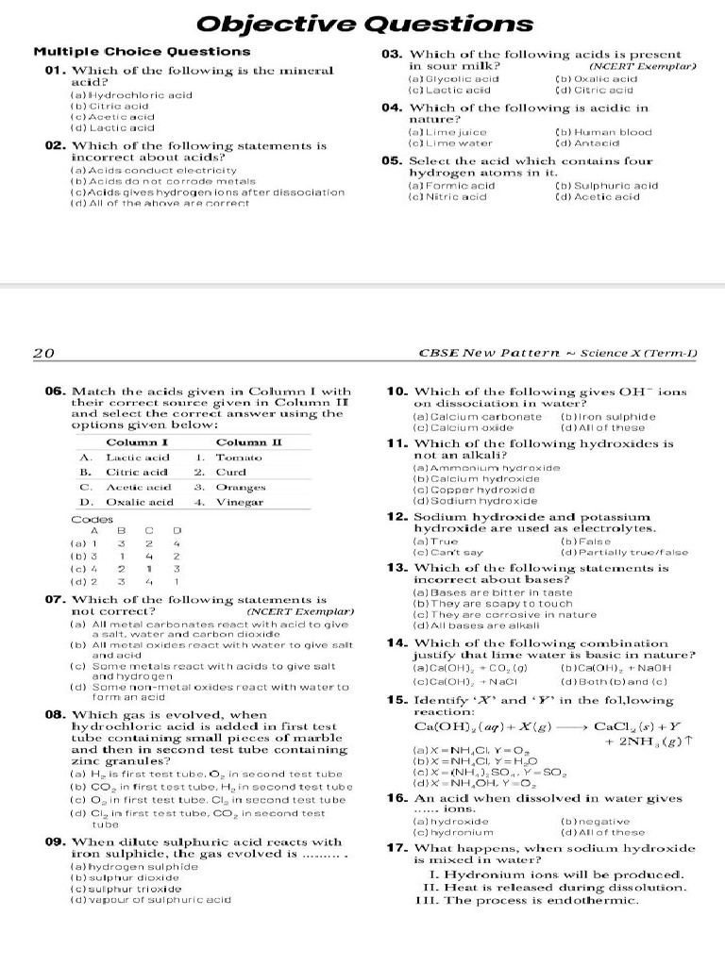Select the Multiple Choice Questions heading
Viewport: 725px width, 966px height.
(x=143, y=52)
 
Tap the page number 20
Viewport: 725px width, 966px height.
(x=43, y=354)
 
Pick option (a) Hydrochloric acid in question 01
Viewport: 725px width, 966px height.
(x=132, y=95)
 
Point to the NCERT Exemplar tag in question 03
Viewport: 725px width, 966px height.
(x=641, y=67)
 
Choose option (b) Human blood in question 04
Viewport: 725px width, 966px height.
(x=605, y=133)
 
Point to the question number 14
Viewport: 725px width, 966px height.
(x=396, y=642)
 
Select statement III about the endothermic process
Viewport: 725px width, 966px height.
(x=528, y=900)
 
